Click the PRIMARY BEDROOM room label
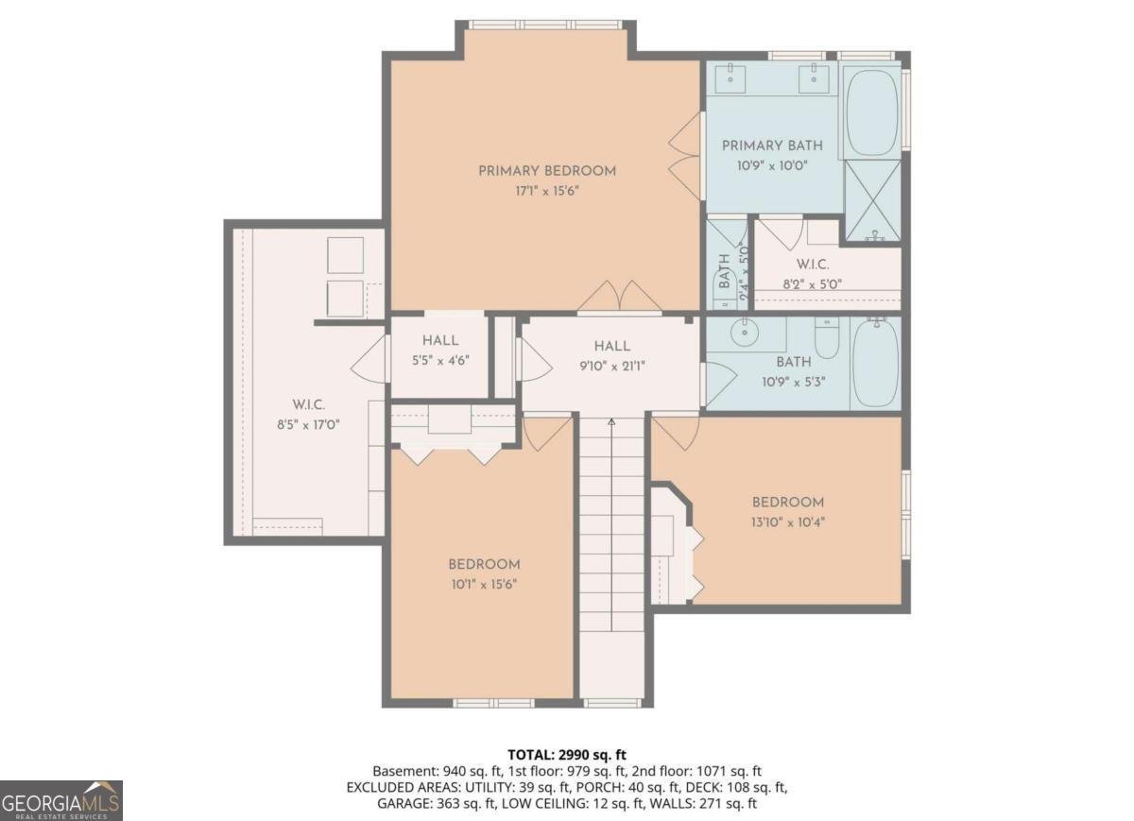[546, 171]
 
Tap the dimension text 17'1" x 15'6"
[546, 191]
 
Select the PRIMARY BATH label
[772, 145]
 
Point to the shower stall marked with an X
[871, 199]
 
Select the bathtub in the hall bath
[875, 363]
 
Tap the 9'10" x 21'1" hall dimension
[612, 366]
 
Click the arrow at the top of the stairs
[611, 422]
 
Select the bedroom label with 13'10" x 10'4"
[788, 503]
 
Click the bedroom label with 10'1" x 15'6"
[484, 565]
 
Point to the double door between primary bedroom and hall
[619, 297]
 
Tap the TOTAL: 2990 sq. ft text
[567, 754]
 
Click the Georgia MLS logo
[61, 799]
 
